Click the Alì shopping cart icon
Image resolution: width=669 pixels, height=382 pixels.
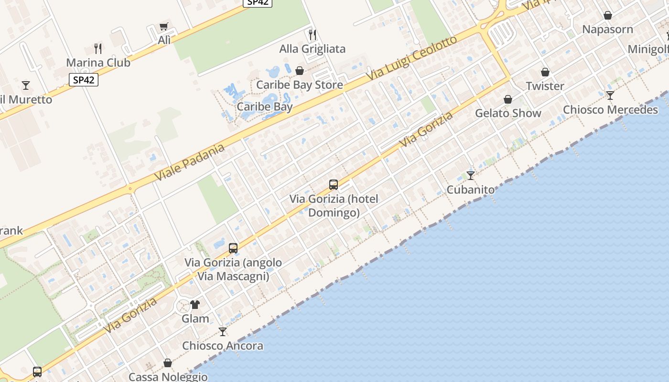coord(164,26)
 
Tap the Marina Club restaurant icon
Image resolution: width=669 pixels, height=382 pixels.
coord(98,48)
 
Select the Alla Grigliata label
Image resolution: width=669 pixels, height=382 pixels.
coord(312,49)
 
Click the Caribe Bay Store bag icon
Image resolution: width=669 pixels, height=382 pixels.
coord(300,71)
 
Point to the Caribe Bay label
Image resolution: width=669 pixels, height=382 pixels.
coord(264,106)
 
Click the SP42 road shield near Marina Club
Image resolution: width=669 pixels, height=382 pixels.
coord(84,80)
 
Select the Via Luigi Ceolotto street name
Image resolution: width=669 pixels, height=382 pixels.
coord(412,59)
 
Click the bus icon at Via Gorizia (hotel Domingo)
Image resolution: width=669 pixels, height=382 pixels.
coord(334,184)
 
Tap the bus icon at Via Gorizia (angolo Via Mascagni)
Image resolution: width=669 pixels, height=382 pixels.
coord(233,248)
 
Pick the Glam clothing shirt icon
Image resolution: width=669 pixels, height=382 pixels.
coord(195,304)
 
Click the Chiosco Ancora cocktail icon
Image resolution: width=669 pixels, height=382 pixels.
coord(223,331)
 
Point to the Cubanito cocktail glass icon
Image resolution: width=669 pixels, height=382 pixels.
coord(471,175)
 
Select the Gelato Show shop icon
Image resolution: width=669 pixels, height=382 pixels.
coord(508,99)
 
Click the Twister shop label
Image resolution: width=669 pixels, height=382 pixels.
coord(545,86)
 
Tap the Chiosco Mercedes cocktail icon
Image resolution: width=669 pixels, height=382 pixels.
coord(610,95)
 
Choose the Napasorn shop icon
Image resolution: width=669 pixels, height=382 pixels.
coord(608,15)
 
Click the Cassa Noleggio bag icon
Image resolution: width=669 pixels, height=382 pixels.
coord(168,363)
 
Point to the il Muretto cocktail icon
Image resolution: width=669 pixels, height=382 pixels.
coord(26,85)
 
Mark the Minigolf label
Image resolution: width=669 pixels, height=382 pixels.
coord(648,49)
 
